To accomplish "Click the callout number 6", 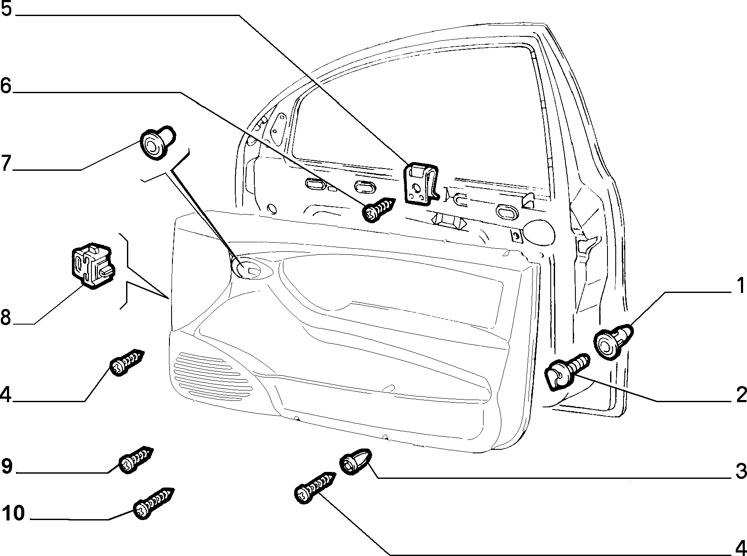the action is tap(6, 85).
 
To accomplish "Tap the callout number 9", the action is tap(7, 466).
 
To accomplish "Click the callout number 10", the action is tap(13, 514).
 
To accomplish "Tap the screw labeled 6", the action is tap(378, 209).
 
